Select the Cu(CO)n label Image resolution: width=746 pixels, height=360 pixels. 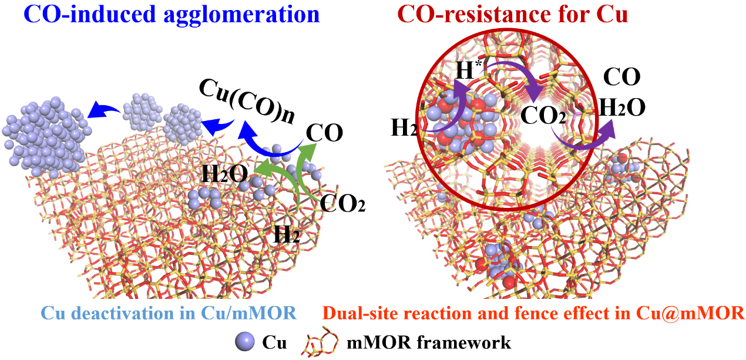pyautogui.click(x=247, y=102)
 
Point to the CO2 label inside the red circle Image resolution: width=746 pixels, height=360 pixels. pyautogui.click(x=543, y=116)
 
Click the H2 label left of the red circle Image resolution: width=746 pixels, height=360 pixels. pyautogui.click(x=404, y=127)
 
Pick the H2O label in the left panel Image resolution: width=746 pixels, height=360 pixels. pyautogui.click(x=225, y=174)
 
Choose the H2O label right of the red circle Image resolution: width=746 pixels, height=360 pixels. pyautogui.click(x=622, y=107)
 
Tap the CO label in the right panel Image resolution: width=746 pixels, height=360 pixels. pyautogui.click(x=622, y=77)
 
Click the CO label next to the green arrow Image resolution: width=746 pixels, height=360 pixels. pyautogui.click(x=324, y=133)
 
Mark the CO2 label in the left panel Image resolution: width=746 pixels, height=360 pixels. pyautogui.click(x=342, y=203)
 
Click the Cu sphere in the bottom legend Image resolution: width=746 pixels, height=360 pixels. pyautogui.click(x=245, y=342)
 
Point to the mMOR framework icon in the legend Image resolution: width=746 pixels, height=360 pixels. pyautogui.click(x=320, y=341)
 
